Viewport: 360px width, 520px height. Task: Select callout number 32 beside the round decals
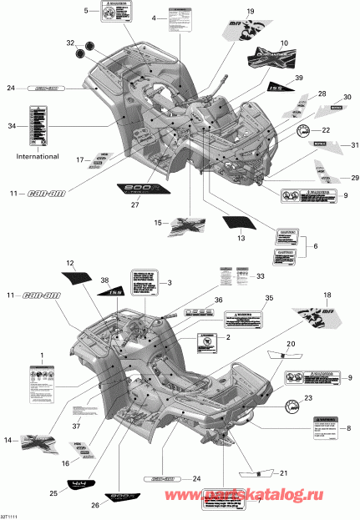(x=71, y=43)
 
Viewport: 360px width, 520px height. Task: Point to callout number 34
(x=12, y=126)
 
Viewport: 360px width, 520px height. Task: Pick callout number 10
(x=283, y=43)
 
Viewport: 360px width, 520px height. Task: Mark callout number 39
(x=297, y=77)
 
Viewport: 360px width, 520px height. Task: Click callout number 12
(x=71, y=264)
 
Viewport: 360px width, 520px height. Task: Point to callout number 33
(x=260, y=275)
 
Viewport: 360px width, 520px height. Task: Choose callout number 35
(x=268, y=298)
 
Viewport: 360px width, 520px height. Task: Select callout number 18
(x=327, y=295)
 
